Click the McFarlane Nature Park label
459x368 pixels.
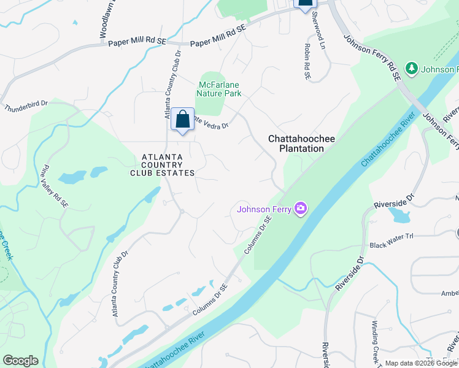point(219,89)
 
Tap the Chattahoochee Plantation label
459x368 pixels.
point(301,144)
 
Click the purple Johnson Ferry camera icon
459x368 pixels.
point(301,209)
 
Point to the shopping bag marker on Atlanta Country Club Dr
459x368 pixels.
point(182,119)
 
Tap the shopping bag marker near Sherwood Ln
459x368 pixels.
point(305,3)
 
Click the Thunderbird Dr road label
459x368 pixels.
point(26,105)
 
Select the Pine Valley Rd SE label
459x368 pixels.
point(53,183)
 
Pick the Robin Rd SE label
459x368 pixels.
point(307,61)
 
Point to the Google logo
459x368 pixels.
point(20,361)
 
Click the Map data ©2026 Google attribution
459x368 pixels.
point(421,363)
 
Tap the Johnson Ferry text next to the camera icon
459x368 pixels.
point(264,209)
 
